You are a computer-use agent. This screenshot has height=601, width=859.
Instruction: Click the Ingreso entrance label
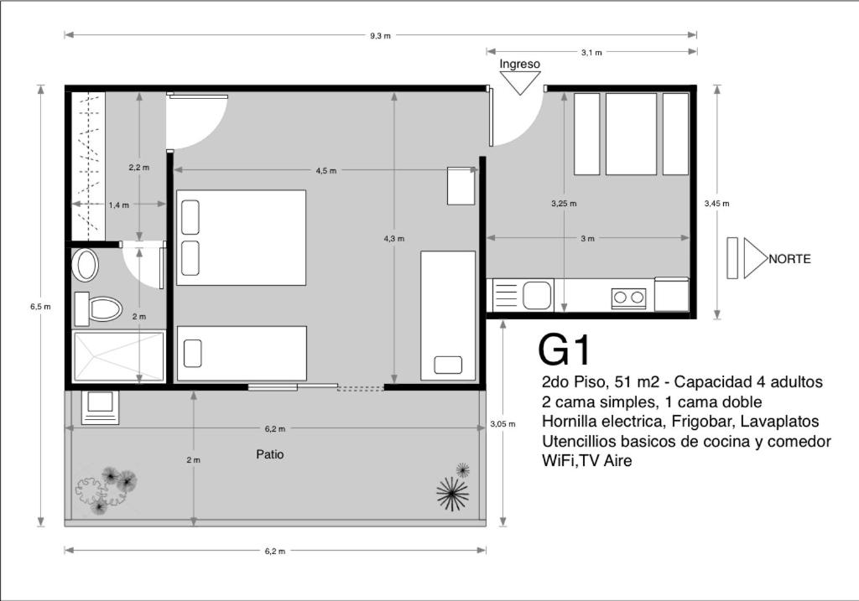pos(519,64)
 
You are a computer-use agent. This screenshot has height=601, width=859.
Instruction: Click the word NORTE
pos(789,259)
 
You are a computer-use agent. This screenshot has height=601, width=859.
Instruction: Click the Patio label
pos(270,454)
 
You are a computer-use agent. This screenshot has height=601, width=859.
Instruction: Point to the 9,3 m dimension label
pos(380,35)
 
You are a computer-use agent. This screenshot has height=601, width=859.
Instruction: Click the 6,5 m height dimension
pos(40,307)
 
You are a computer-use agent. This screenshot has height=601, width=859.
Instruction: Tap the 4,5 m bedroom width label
pos(326,170)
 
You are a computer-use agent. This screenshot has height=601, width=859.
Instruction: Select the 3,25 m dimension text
pos(564,203)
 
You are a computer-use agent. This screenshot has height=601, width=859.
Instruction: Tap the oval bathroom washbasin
pos(86,266)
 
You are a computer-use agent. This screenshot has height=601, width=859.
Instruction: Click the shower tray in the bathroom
pos(118,355)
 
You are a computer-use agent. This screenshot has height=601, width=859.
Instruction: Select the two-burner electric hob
pos(629,298)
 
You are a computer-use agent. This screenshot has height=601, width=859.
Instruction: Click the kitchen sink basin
pos(536,295)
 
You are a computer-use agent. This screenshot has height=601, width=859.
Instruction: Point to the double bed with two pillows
pos(241,237)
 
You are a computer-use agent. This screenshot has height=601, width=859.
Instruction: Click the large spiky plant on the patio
pos(452,494)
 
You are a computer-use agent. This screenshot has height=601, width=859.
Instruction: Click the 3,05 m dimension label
pos(502,423)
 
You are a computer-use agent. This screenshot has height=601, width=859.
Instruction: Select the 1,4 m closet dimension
pos(119,205)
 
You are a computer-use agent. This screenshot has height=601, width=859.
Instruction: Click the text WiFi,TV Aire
pos(586,461)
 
